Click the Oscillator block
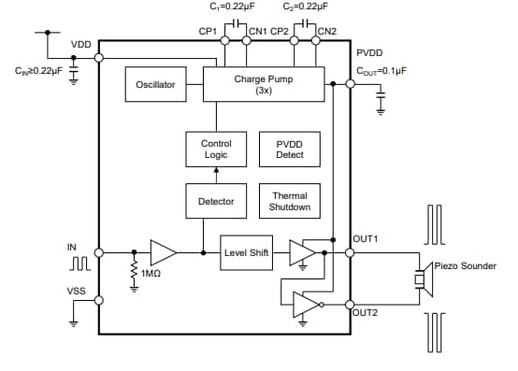[x=154, y=85]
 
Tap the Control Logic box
[x=216, y=149]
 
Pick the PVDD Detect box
[x=289, y=149]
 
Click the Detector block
[x=216, y=201]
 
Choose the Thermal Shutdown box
[x=289, y=201]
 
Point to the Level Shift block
[x=246, y=252]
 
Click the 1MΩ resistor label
[x=151, y=274]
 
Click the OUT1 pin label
[x=366, y=239]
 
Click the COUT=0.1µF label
[x=381, y=70]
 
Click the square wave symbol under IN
[x=79, y=264]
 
